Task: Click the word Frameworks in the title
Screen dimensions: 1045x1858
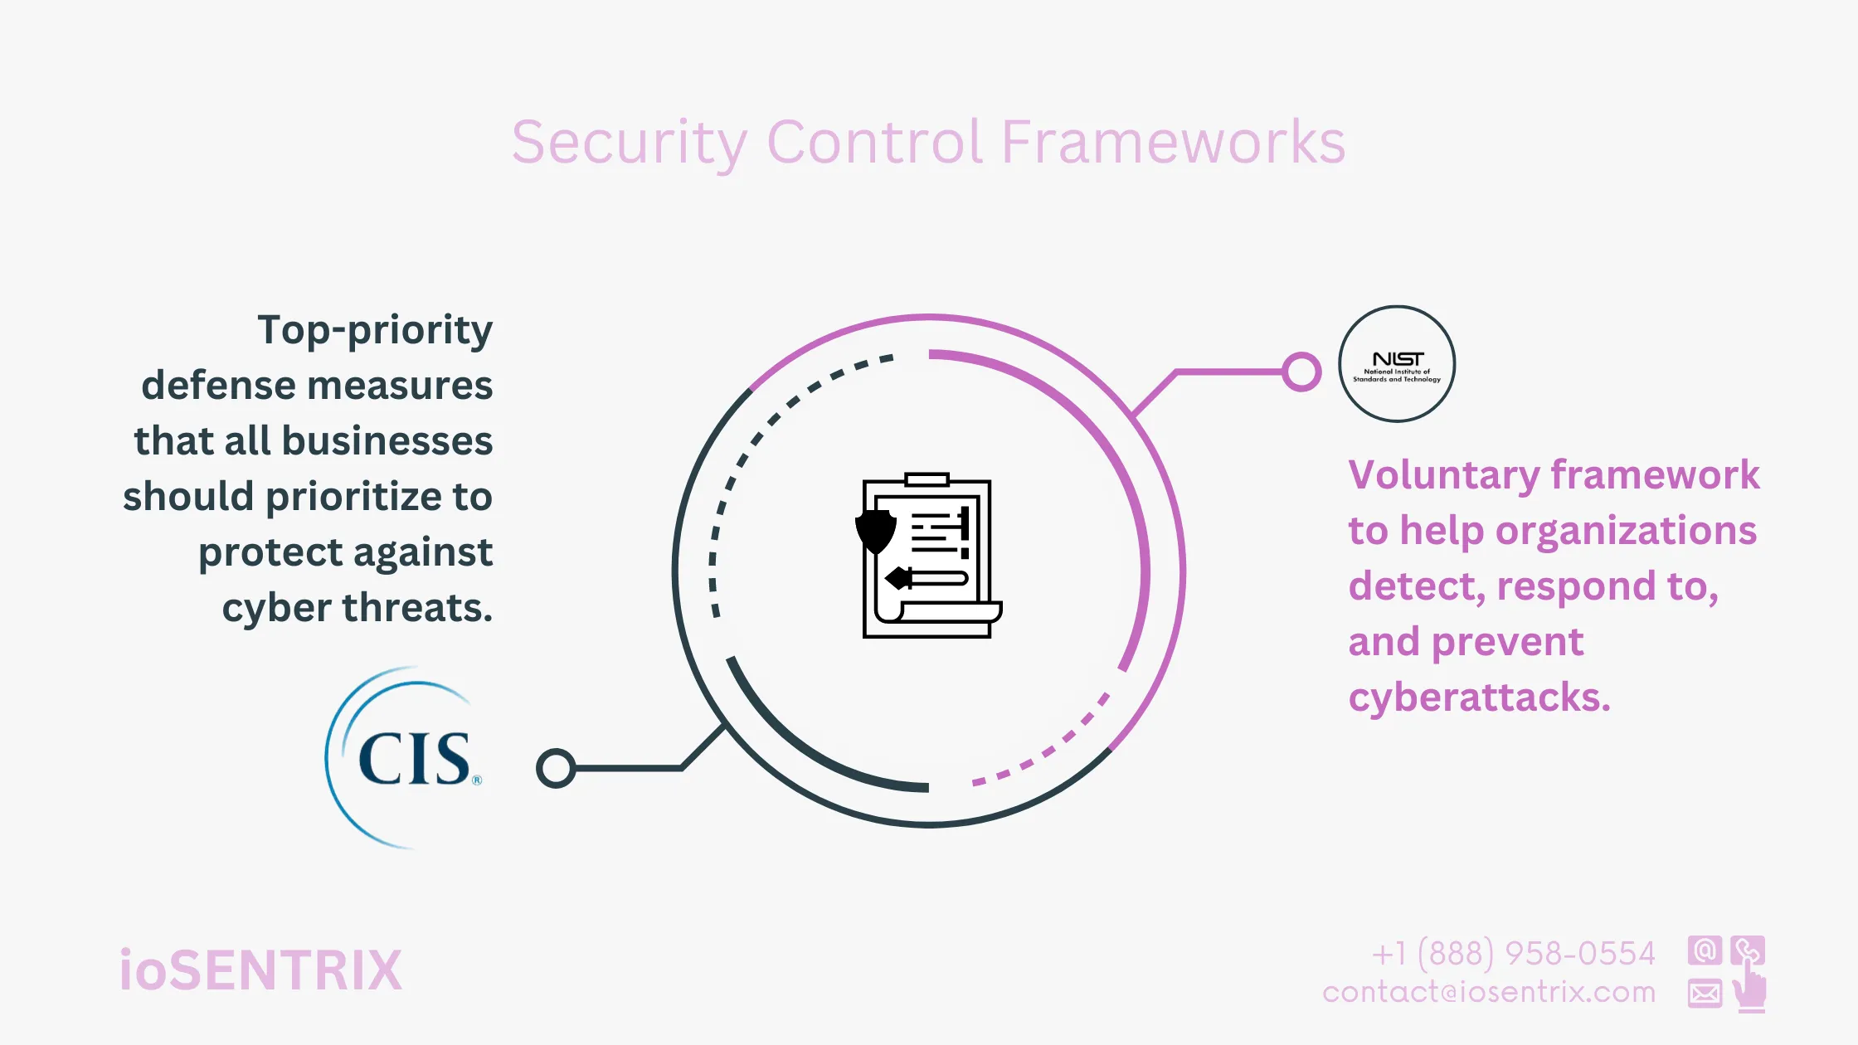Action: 1173,143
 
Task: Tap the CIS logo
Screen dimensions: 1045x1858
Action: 413,758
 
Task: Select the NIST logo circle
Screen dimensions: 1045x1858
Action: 1397,364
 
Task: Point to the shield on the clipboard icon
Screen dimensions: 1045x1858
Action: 875,531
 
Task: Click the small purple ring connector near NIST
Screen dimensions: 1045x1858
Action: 1301,372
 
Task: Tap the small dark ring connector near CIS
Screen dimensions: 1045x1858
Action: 556,768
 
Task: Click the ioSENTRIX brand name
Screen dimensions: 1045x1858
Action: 260,970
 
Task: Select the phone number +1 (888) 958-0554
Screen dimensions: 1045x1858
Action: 1513,954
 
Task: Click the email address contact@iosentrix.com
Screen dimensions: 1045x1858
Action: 1489,992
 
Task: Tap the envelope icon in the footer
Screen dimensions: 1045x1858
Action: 1705,993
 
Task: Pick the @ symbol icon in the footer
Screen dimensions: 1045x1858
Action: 1705,950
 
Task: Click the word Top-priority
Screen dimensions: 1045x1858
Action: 375,331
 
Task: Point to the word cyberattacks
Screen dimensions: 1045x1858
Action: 1479,697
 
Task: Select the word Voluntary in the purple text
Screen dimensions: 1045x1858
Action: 1444,475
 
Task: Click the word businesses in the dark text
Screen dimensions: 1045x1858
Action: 387,441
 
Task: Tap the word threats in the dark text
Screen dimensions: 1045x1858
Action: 417,608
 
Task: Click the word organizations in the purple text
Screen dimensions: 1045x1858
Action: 1626,531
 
